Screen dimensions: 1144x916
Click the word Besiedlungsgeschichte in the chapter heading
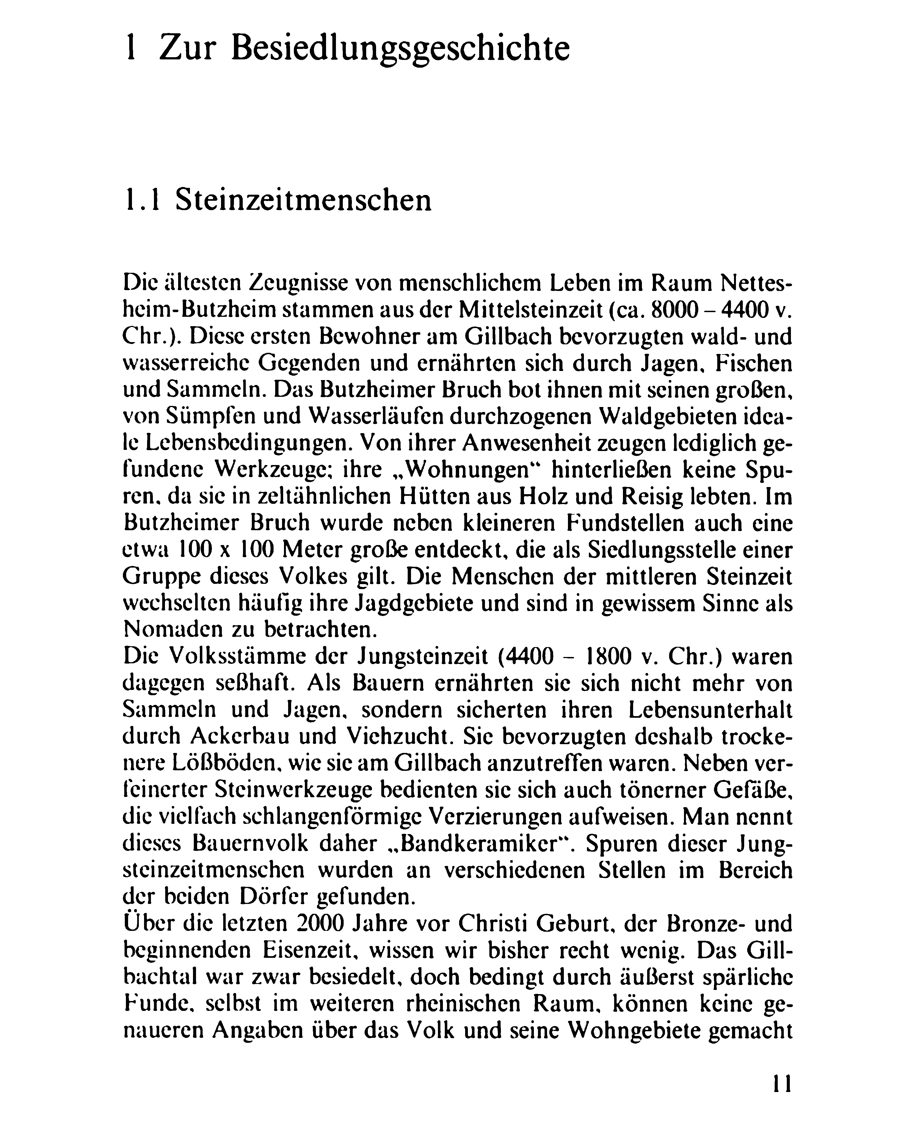pos(401,49)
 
